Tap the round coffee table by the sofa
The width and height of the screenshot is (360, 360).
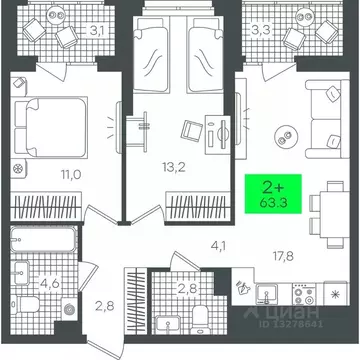click(x=285, y=136)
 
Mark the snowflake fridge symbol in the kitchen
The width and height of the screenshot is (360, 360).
click(x=334, y=298)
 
